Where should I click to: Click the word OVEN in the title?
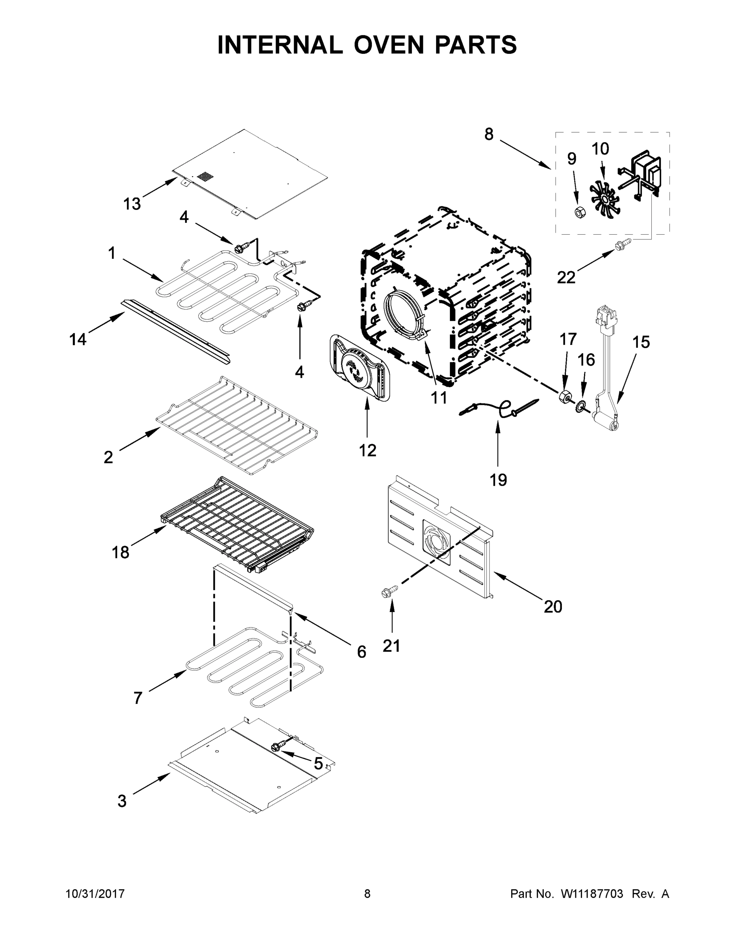point(388,45)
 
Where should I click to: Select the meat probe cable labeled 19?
point(500,408)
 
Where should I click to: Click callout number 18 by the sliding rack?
point(120,553)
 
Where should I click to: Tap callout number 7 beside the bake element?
point(138,698)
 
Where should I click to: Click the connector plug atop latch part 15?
point(606,315)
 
